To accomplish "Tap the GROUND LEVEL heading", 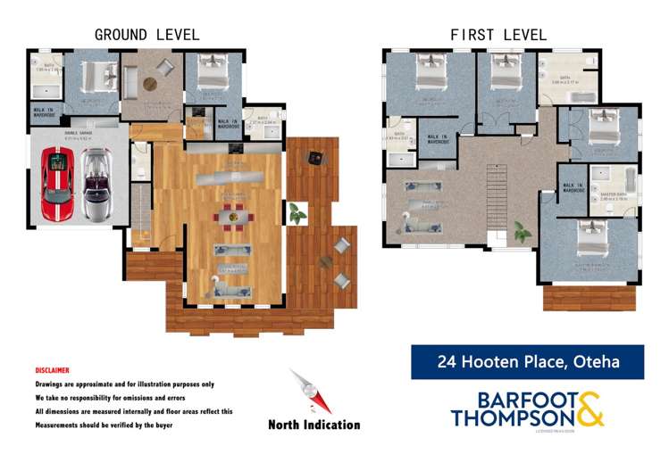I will pos(147,35).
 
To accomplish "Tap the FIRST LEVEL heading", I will pos(499,35).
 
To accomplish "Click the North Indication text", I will pos(314,425).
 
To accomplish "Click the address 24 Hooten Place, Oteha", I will pos(527,362).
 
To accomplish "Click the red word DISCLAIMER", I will pos(52,370).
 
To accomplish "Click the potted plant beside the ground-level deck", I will pos(296,212).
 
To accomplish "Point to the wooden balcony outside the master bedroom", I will pos(589,298).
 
